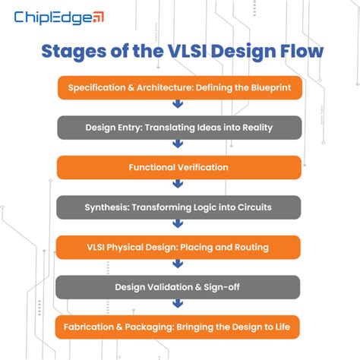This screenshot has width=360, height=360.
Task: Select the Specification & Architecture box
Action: tap(179, 87)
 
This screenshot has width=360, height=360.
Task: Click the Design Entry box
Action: tap(179, 127)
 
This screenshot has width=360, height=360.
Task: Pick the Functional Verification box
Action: tap(179, 167)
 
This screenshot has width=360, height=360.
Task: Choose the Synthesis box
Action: tap(179, 207)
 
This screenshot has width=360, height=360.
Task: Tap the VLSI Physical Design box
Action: tap(179, 247)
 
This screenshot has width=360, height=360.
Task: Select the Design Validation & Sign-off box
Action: tap(179, 287)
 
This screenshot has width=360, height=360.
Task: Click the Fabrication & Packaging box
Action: tap(179, 327)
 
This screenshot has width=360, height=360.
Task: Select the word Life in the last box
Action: tap(289, 327)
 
